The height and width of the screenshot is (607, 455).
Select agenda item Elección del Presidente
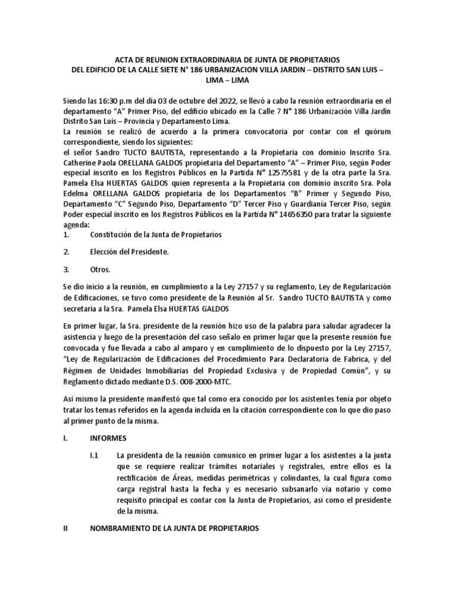coord(129,252)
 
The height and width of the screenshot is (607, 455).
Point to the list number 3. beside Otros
coord(66,269)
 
